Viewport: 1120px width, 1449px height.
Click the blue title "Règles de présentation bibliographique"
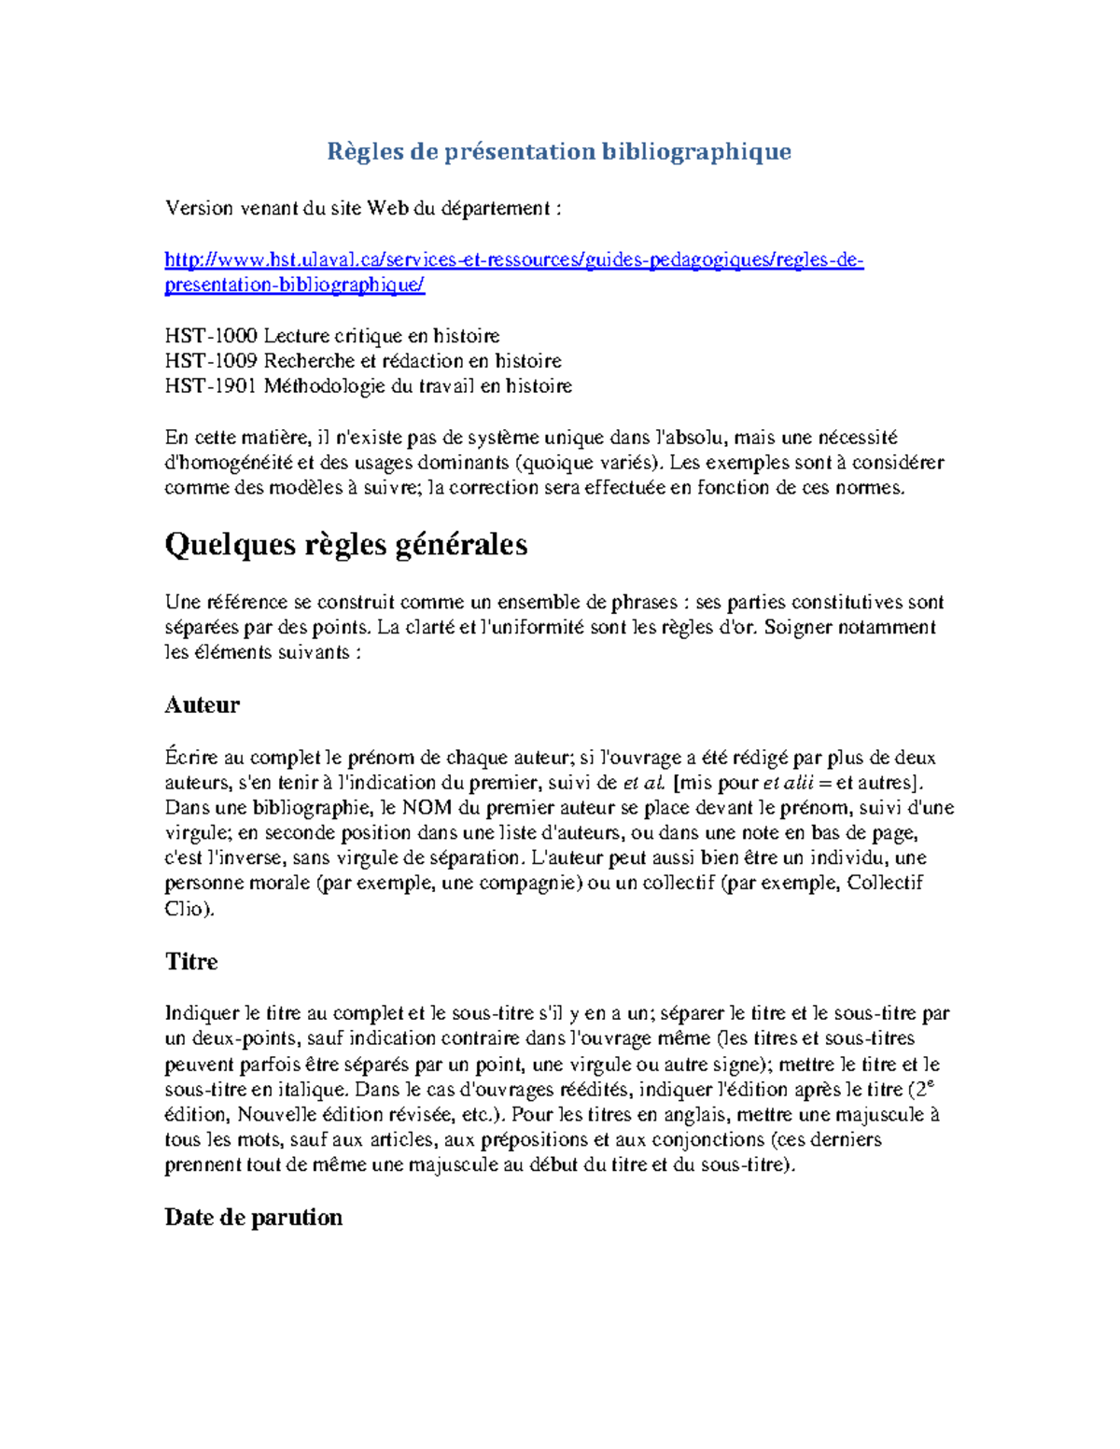pyautogui.click(x=558, y=152)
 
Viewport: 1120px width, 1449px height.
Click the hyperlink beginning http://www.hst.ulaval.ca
pyautogui.click(x=513, y=260)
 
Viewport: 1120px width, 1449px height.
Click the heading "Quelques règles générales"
pyautogui.click(x=345, y=545)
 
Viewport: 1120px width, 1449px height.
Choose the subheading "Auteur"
pyautogui.click(x=202, y=705)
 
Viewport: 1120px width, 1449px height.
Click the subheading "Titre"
pyautogui.click(x=190, y=962)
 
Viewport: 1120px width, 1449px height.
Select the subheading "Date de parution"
pyautogui.click(x=253, y=1218)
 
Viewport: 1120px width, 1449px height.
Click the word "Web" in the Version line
pyautogui.click(x=387, y=209)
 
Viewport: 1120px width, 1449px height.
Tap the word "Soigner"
pyautogui.click(x=797, y=628)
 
